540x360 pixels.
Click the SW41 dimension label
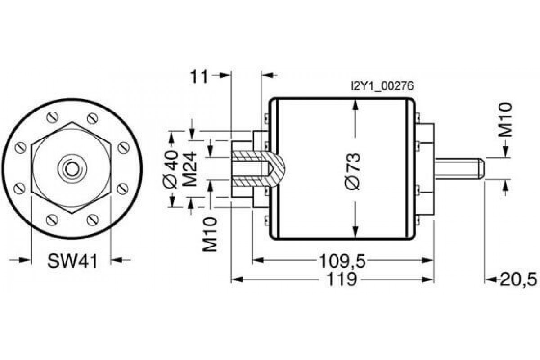[72, 261]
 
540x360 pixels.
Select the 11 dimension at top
[199, 76]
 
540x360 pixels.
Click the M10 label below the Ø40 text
[210, 234]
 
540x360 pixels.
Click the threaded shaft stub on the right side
[459, 167]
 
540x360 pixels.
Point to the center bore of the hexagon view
[71, 169]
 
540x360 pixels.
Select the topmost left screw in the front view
[53, 118]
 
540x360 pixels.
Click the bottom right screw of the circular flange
[93, 220]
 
